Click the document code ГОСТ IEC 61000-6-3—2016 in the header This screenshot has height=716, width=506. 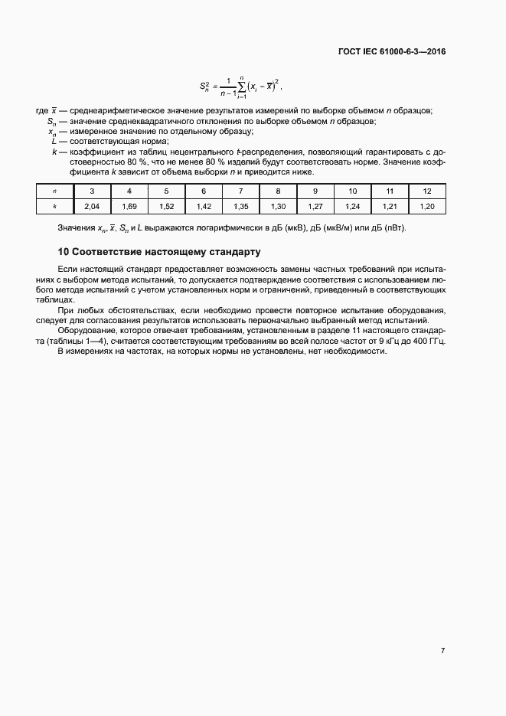click(391, 52)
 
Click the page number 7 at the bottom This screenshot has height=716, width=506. click(442, 650)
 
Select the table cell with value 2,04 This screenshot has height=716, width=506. click(92, 206)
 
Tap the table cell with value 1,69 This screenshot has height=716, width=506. click(129, 206)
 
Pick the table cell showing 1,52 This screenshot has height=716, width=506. click(166, 206)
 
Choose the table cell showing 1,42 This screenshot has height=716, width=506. click(204, 206)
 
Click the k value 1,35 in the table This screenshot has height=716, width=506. click(240, 206)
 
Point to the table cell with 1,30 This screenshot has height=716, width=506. click(278, 206)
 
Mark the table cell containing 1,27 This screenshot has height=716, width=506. click(315, 206)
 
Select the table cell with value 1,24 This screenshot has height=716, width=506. click(352, 206)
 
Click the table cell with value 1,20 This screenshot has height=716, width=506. click(426, 206)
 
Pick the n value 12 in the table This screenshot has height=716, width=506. click(426, 191)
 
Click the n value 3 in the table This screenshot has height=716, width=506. click(92, 191)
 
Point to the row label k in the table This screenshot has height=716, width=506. click(54, 206)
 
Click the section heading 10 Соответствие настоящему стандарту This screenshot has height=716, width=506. click(159, 251)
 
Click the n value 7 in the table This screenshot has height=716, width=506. click(240, 191)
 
